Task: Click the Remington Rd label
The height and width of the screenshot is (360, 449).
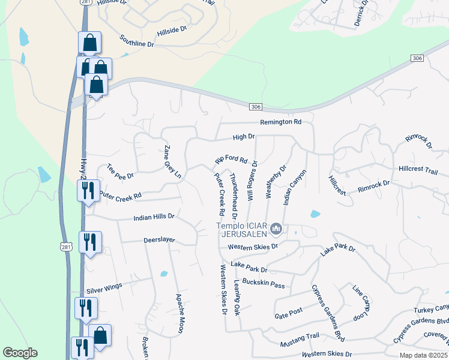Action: pos(280,122)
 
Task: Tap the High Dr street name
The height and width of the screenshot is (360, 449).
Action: pos(244,137)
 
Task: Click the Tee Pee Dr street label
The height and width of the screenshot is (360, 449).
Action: pos(120,172)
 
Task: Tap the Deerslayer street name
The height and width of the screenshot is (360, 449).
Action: pos(159,239)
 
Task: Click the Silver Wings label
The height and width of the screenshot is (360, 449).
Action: pos(104,289)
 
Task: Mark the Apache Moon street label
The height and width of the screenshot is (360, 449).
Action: pos(179,313)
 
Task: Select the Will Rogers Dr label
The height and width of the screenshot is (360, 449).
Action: pos(253,179)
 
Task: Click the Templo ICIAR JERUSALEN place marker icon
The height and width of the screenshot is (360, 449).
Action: pos(277,228)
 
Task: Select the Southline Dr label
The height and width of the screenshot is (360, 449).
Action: pos(136,44)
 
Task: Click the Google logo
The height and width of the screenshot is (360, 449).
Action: pos(20,353)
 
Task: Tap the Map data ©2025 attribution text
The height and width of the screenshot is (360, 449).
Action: pos(423,355)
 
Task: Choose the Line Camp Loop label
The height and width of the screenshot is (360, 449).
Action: pos(363,303)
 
